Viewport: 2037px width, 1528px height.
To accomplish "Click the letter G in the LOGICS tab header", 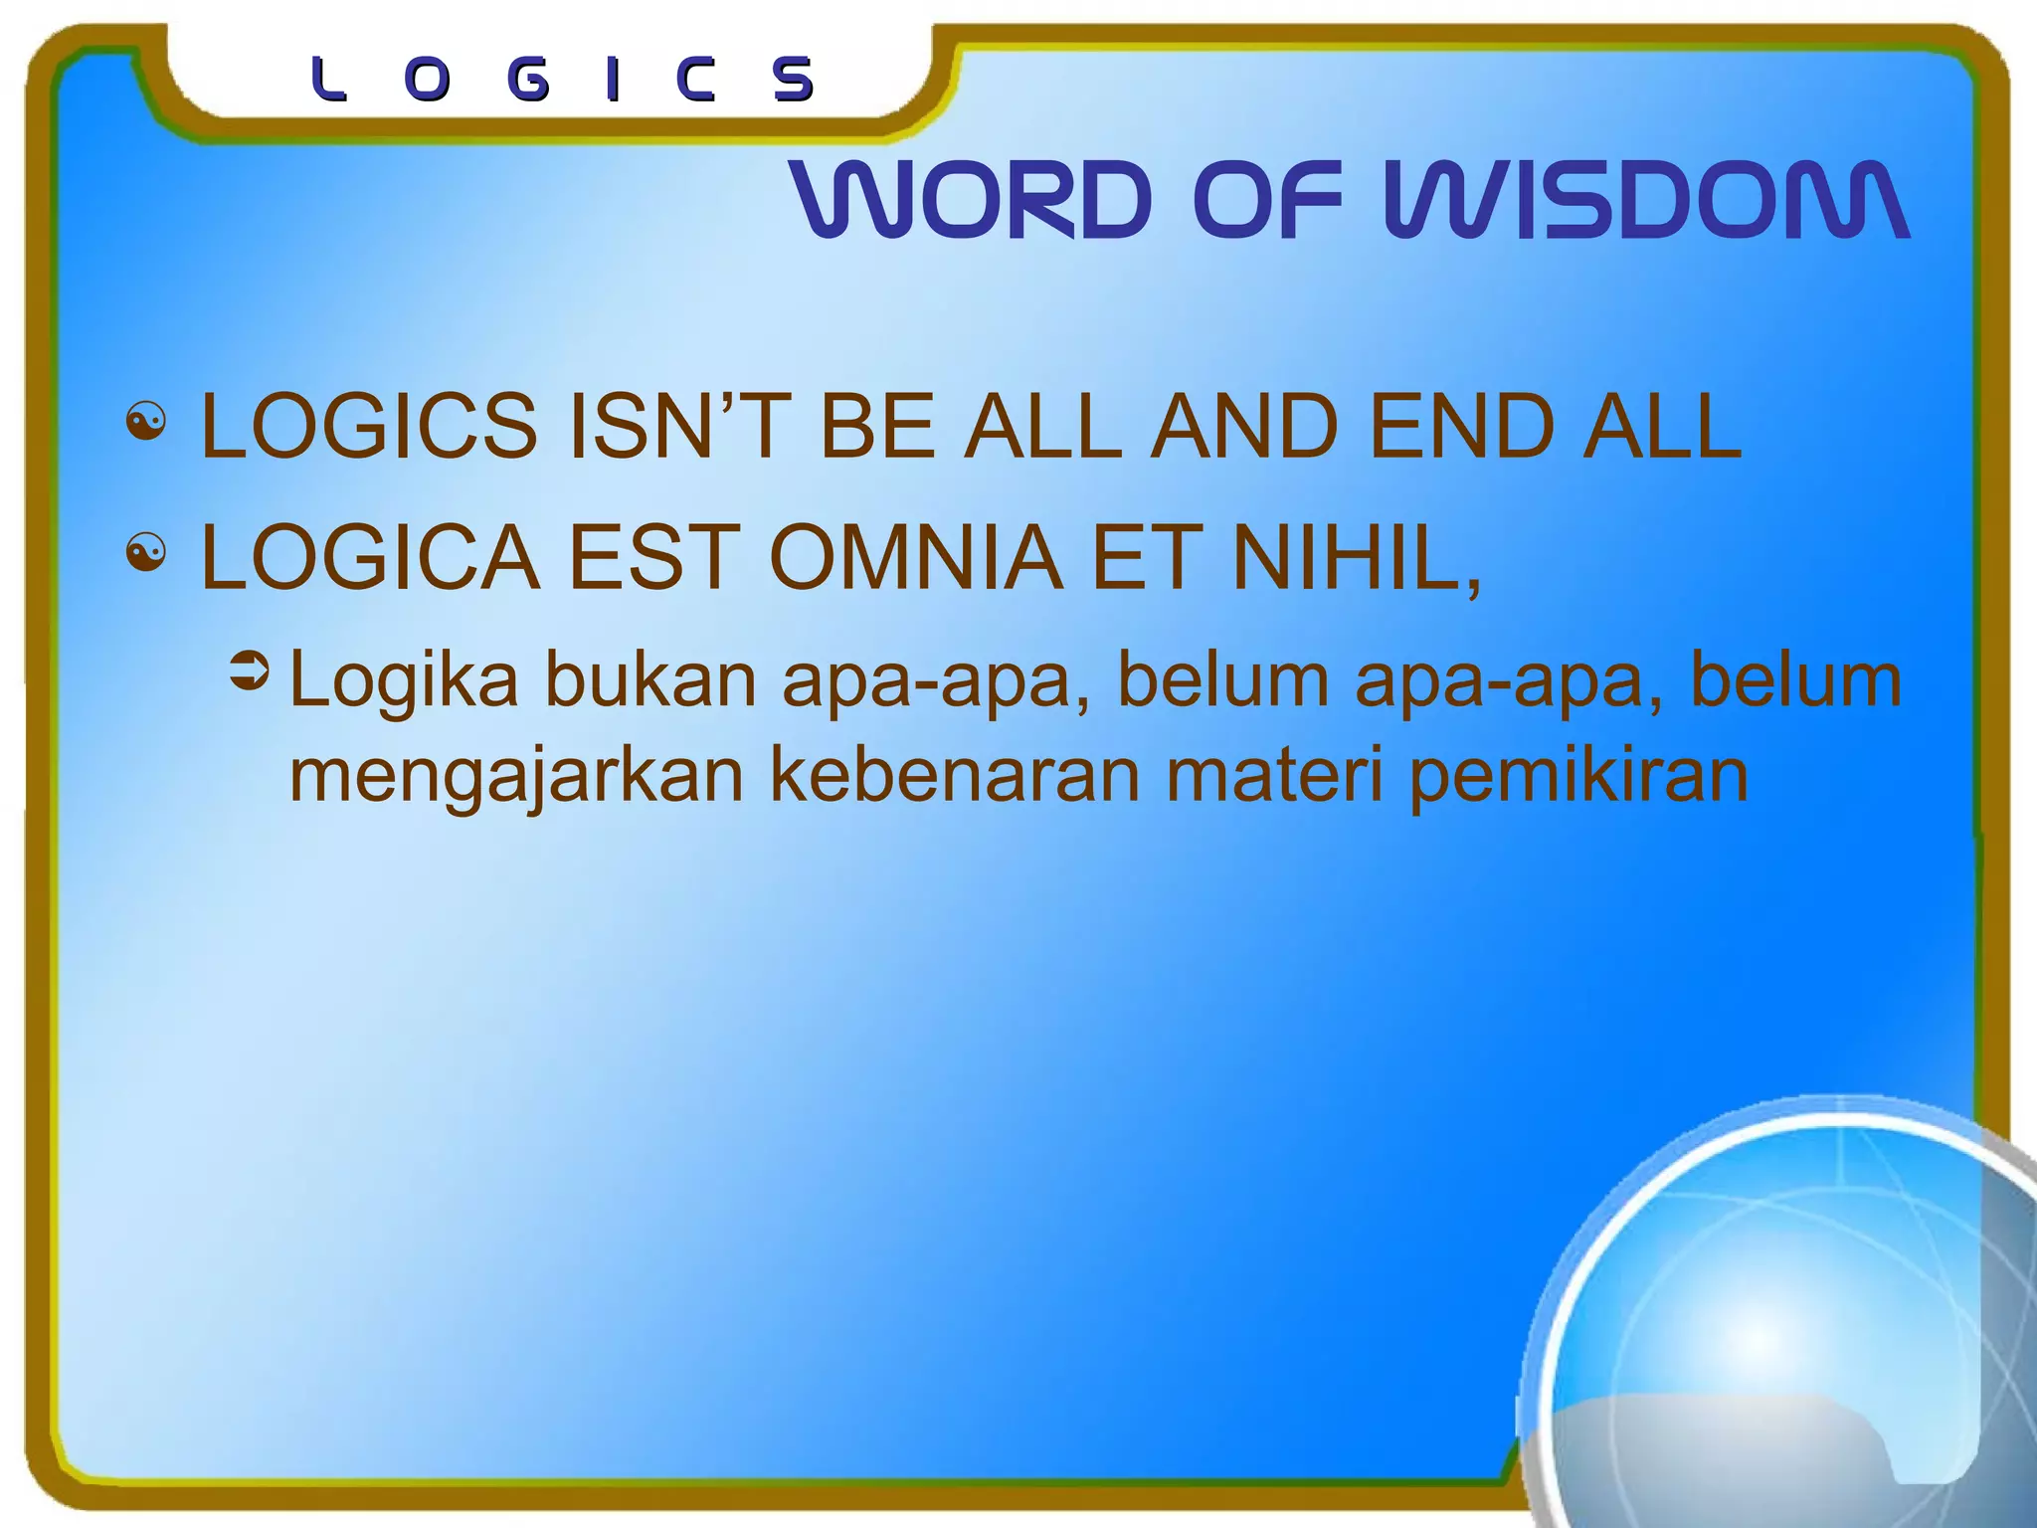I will coord(528,81).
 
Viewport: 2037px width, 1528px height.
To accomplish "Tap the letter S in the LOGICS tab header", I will coord(794,81).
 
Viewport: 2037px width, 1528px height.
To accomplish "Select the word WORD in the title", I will coord(971,200).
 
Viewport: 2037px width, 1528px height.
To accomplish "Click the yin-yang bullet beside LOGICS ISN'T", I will coord(146,423).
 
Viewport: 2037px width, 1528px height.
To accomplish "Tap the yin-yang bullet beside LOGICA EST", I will coord(146,553).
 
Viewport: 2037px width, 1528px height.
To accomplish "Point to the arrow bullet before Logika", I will coord(249,671).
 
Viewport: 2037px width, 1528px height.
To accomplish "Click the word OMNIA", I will coord(915,558).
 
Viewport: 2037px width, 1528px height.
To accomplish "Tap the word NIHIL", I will coord(1353,558).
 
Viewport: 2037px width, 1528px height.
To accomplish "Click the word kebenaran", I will coord(955,776).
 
